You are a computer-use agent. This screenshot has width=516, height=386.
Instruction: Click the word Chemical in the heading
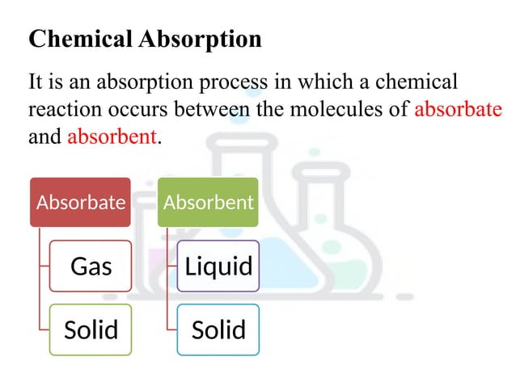point(70,39)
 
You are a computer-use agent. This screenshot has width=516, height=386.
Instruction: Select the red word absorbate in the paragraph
point(458,109)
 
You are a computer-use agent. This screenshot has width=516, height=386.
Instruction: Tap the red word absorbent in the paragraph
point(111,136)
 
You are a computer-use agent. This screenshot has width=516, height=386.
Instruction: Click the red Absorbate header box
point(81,202)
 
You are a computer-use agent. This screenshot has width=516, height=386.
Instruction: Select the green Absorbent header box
point(209,202)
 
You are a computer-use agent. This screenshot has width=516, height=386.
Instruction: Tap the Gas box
point(91,266)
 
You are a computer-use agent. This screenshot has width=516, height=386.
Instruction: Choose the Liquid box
point(218,266)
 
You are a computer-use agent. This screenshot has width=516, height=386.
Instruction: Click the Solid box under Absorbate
point(91,329)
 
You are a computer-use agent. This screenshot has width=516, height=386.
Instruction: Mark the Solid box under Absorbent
point(218,329)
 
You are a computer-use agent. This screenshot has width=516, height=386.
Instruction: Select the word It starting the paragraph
point(36,82)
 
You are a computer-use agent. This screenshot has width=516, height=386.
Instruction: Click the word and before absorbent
point(44,136)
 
